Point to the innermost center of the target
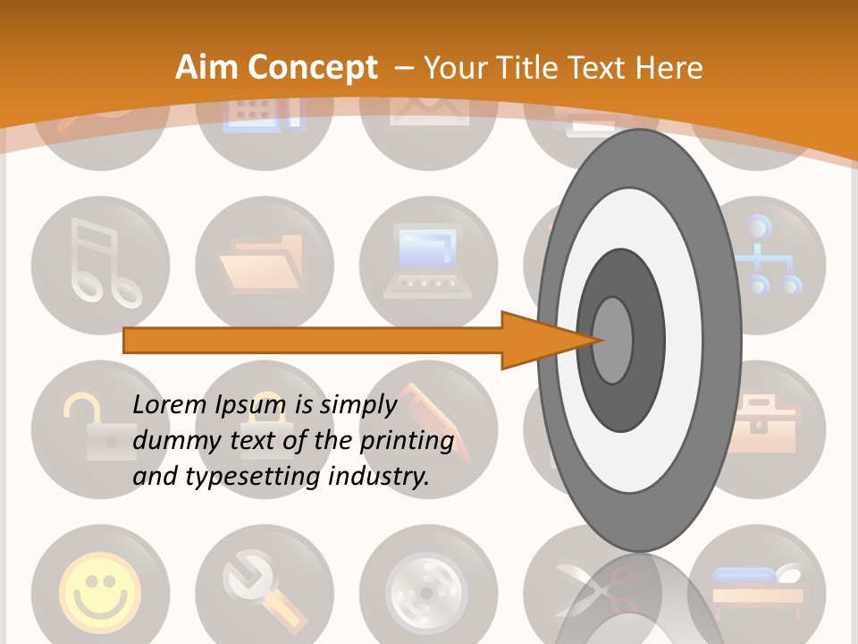613,340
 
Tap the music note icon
100,266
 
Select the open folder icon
264,266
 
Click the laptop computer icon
428,266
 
